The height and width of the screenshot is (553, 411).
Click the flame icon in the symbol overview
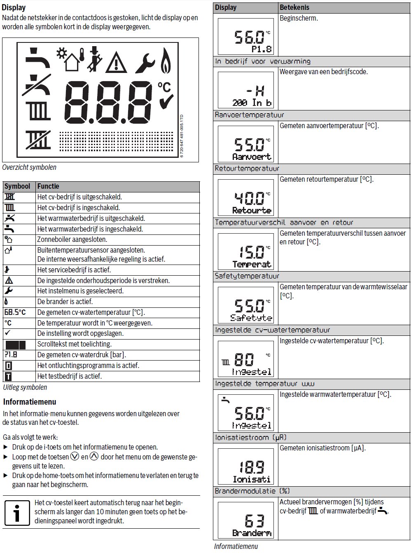(166, 60)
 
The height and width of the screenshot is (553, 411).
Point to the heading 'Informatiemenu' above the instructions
(30, 402)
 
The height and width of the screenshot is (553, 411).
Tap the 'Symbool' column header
(17, 186)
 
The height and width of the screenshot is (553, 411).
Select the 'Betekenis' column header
(294, 7)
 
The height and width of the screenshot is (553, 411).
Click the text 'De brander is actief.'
(65, 302)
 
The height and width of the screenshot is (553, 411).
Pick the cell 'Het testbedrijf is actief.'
(69, 376)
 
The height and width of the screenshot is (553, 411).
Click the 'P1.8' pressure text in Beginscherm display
(262, 49)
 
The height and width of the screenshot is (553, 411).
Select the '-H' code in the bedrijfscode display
(255, 91)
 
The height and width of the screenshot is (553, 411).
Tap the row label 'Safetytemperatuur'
(247, 276)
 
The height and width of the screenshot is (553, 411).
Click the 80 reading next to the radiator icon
(244, 360)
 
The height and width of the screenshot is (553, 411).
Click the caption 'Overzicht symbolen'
(29, 167)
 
